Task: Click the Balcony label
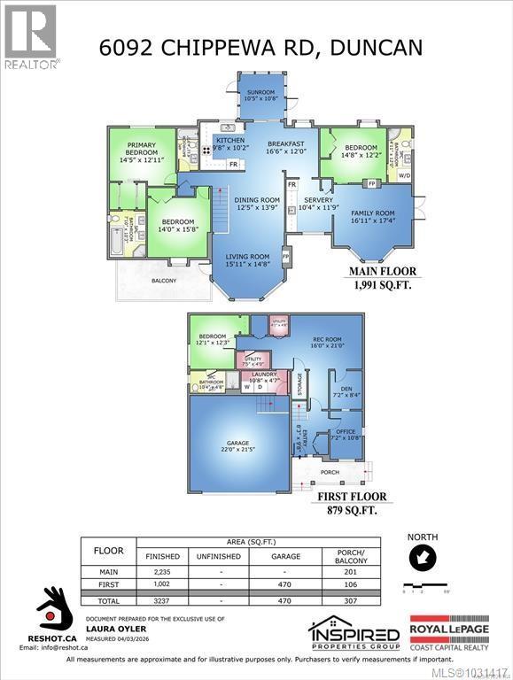[164, 282]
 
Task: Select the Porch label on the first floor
[330, 472]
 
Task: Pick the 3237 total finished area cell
[161, 599]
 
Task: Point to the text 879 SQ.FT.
[353, 511]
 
